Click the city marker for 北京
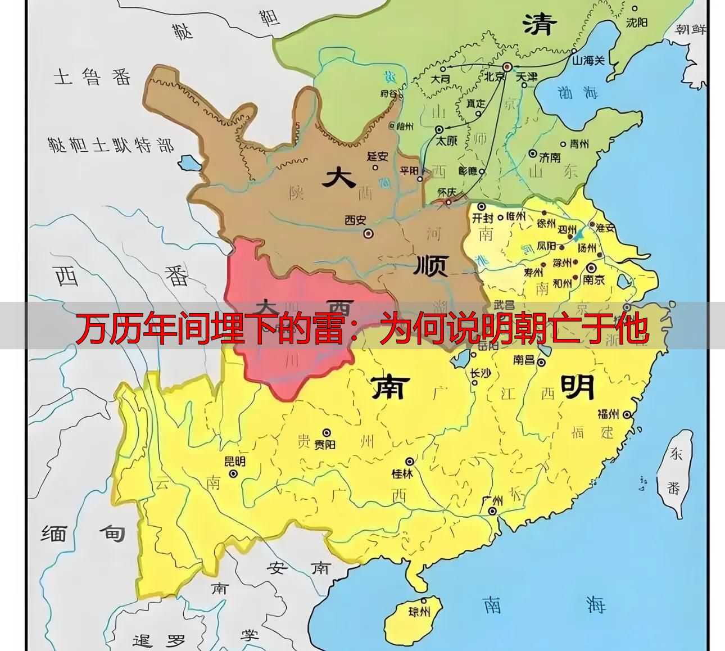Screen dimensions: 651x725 click(x=506, y=66)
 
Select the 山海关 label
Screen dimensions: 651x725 click(x=588, y=60)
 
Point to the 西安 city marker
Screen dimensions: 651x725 click(x=368, y=233)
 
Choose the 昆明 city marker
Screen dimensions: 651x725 click(x=233, y=473)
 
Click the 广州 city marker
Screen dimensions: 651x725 click(x=492, y=511)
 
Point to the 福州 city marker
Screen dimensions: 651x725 click(x=628, y=415)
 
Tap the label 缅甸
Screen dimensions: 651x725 click(x=83, y=533)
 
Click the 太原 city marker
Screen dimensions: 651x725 click(x=439, y=129)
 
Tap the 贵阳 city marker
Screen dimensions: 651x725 click(x=326, y=432)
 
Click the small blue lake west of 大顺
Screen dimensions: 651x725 click(x=187, y=163)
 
